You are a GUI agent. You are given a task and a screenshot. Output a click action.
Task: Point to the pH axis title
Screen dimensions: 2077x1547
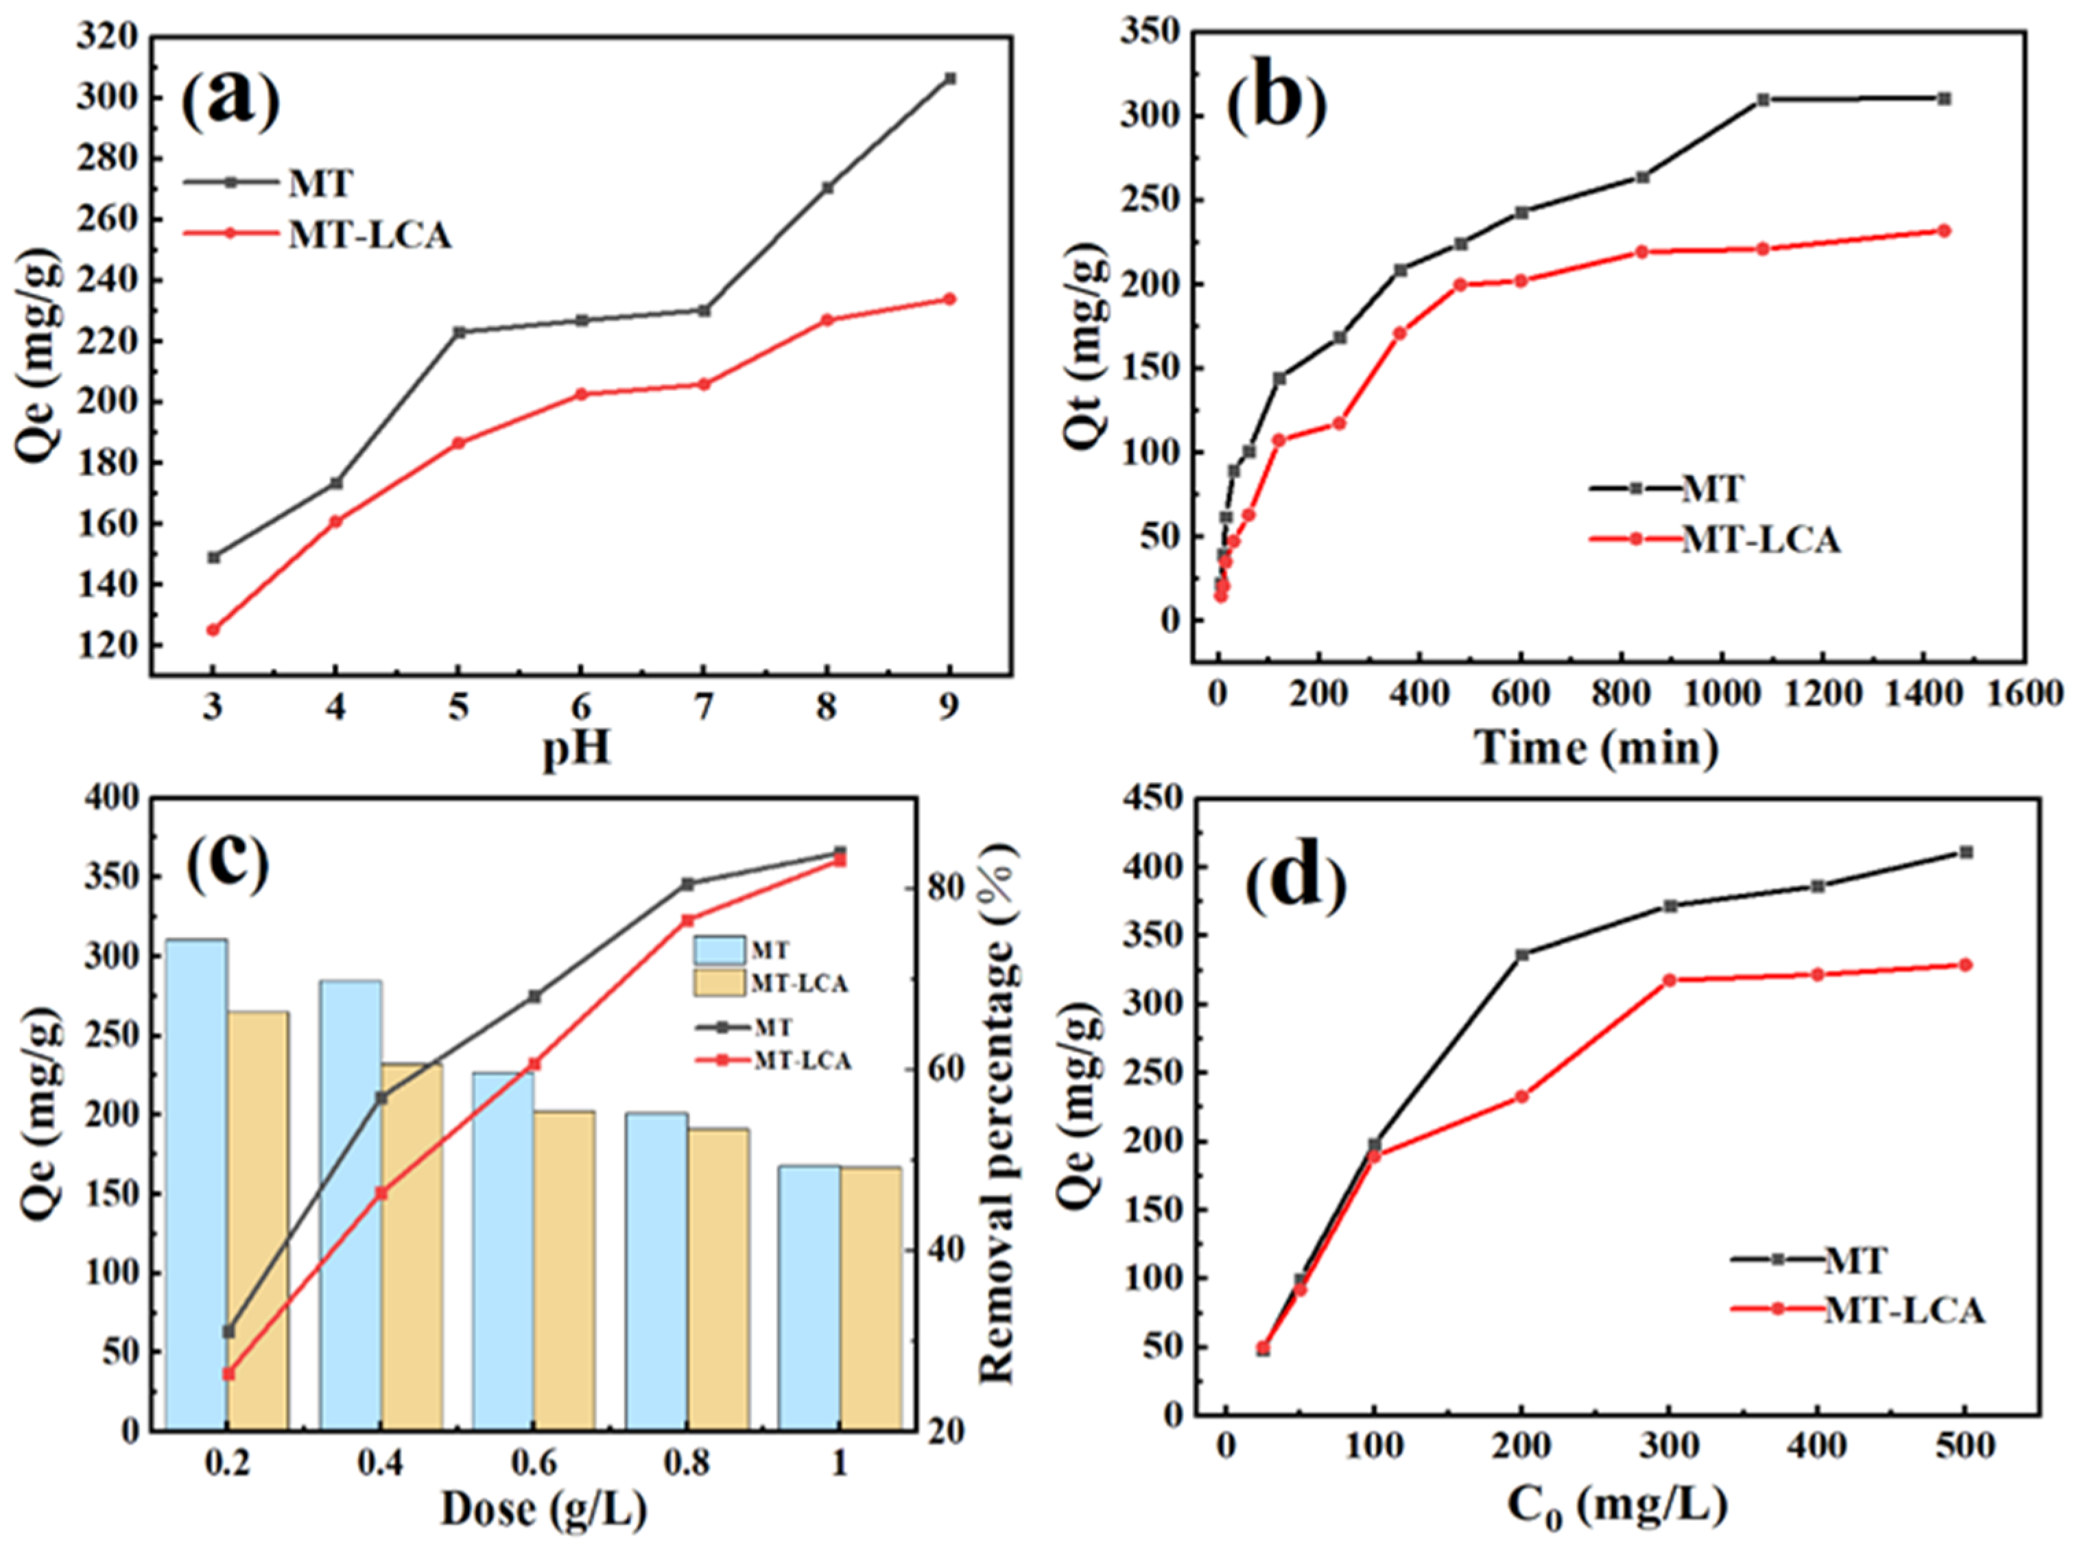pos(577,749)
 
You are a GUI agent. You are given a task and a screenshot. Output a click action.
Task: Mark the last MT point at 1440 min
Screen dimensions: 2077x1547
pos(1943,98)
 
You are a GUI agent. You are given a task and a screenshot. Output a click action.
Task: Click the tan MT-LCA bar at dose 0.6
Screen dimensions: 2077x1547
pos(564,1270)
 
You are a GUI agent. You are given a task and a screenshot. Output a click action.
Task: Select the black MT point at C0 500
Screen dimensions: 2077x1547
pos(1966,852)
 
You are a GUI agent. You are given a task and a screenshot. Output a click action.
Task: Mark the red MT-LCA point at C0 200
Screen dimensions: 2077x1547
pos(1521,1096)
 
